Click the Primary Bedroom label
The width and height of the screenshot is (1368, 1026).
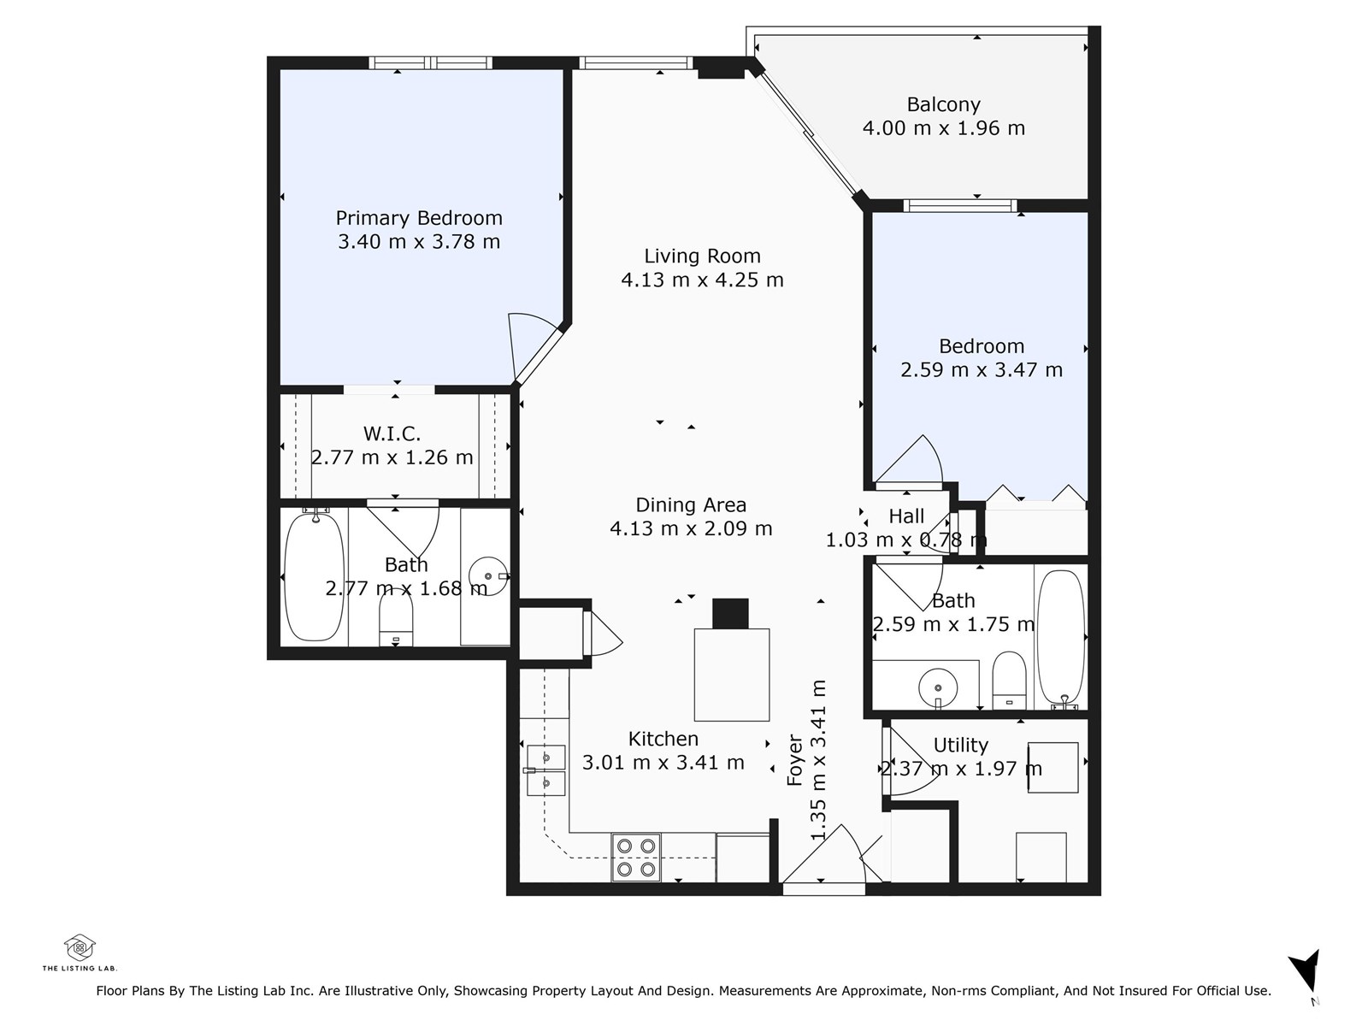419,218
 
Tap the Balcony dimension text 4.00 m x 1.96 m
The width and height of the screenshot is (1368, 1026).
943,128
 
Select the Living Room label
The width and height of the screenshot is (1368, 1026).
702,256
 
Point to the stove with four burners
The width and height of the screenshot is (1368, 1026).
636,858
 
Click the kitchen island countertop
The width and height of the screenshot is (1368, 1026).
732,675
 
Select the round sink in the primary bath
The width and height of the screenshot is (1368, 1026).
488,576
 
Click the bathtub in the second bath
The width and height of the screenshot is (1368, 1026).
1061,640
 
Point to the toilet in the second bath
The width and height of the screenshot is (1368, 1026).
1008,681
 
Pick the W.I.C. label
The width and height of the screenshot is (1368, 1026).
392,433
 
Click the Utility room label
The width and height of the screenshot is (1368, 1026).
960,745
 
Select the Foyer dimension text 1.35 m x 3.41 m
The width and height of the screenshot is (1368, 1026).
818,759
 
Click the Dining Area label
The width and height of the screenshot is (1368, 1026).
691,504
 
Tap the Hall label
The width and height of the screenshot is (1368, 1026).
906,516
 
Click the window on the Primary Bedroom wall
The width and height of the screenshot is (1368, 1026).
430,63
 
